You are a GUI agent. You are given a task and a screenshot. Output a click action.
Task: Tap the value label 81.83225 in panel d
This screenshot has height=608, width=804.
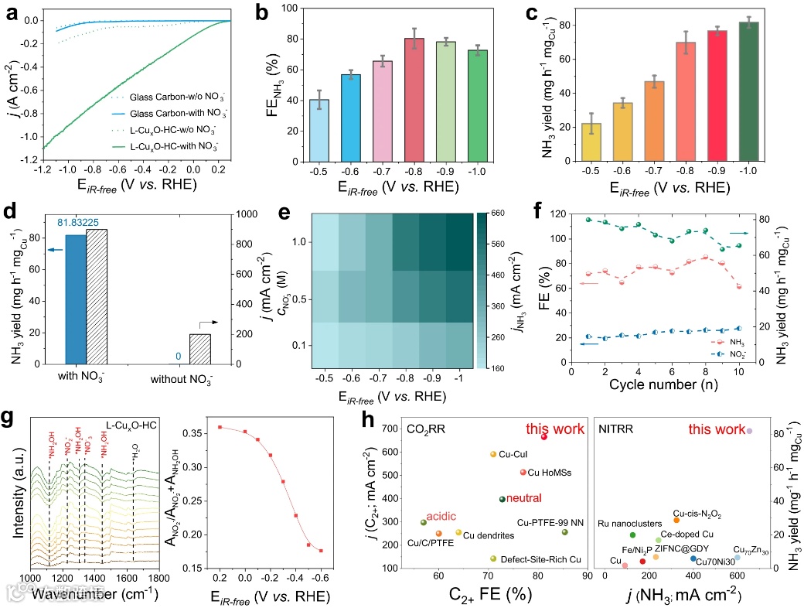pyautogui.click(x=79, y=223)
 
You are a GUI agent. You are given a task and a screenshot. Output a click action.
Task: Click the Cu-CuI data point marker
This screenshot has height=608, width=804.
pyautogui.click(x=493, y=454)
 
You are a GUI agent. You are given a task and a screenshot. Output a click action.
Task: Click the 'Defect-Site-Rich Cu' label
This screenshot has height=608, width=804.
pyautogui.click(x=540, y=558)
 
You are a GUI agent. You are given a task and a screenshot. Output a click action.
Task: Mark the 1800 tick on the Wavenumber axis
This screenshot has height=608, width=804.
pyautogui.click(x=159, y=577)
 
